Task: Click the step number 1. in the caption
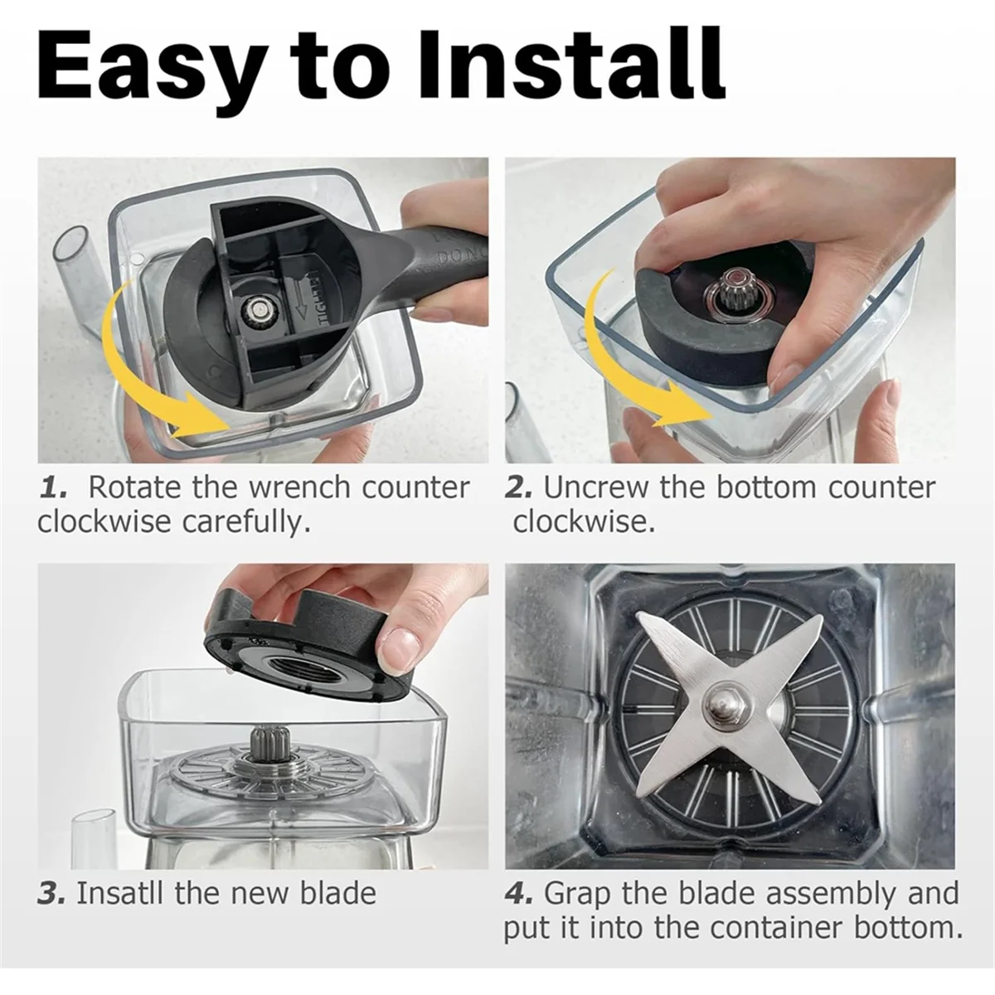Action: coord(55,488)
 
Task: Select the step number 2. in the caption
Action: coord(519,488)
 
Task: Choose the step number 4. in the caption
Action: coord(521,893)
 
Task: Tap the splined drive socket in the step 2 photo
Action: coord(726,295)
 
